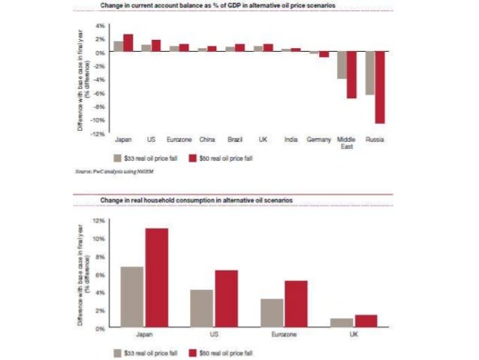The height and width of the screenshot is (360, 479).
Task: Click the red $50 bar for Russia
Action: (380, 87)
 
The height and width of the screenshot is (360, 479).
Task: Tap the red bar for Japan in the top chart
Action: (128, 43)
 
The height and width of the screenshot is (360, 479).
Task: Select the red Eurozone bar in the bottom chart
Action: (297, 304)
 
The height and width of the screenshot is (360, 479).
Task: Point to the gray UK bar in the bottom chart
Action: (341, 323)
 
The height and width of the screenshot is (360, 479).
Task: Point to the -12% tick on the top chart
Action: (99, 134)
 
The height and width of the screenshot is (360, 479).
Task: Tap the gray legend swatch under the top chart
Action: (117, 159)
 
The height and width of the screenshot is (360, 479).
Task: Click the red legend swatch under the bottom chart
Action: (193, 352)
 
